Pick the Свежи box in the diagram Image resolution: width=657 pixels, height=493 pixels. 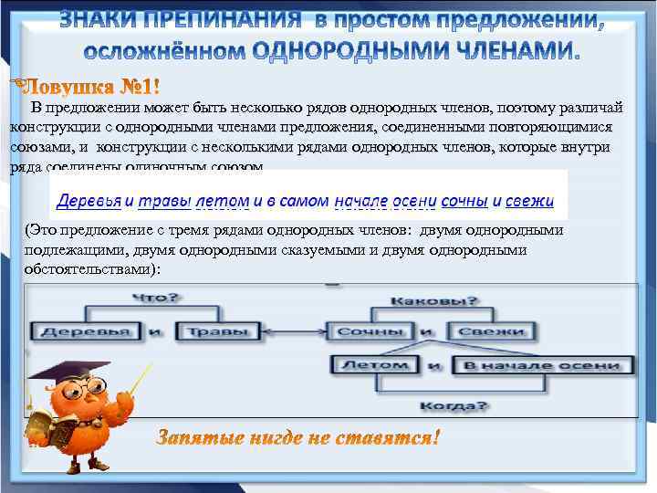pyautogui.click(x=491, y=330)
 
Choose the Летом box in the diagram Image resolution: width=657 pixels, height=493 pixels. pyautogui.click(x=374, y=365)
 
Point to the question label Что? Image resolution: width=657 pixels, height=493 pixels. pyautogui.click(x=156, y=298)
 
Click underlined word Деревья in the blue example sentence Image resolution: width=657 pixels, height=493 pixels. pyautogui.click(x=89, y=199)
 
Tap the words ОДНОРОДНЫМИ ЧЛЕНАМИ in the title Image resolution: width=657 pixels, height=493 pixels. pyautogui.click(x=415, y=51)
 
